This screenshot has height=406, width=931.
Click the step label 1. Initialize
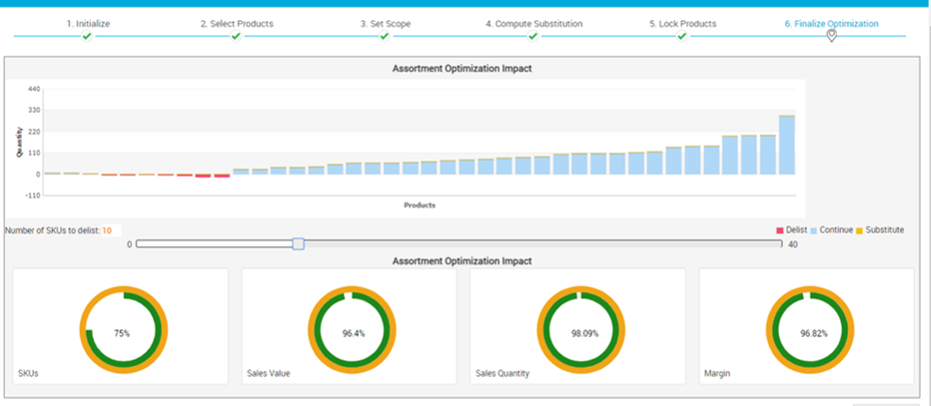[x=88, y=23]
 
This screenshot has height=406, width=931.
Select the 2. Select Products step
[x=236, y=23]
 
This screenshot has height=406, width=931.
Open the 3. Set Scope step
[x=385, y=23]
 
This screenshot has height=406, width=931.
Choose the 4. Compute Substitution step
[x=533, y=23]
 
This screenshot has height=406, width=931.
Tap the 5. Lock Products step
[x=682, y=23]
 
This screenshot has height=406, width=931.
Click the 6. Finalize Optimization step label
[x=831, y=23]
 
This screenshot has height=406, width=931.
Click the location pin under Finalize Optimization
[x=831, y=37]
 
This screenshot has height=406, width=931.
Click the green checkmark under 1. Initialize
[x=88, y=37]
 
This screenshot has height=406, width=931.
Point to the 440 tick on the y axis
[x=33, y=89]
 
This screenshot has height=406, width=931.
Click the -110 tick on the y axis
[x=31, y=196]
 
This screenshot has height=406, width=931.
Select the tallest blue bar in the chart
[x=787, y=145]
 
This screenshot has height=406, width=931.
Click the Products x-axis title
[x=420, y=205]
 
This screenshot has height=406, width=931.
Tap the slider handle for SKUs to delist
[x=298, y=243]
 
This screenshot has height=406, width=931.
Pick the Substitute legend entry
[x=880, y=230]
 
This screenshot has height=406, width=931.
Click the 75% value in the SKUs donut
[x=122, y=333]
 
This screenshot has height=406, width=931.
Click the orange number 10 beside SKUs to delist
[x=106, y=230]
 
